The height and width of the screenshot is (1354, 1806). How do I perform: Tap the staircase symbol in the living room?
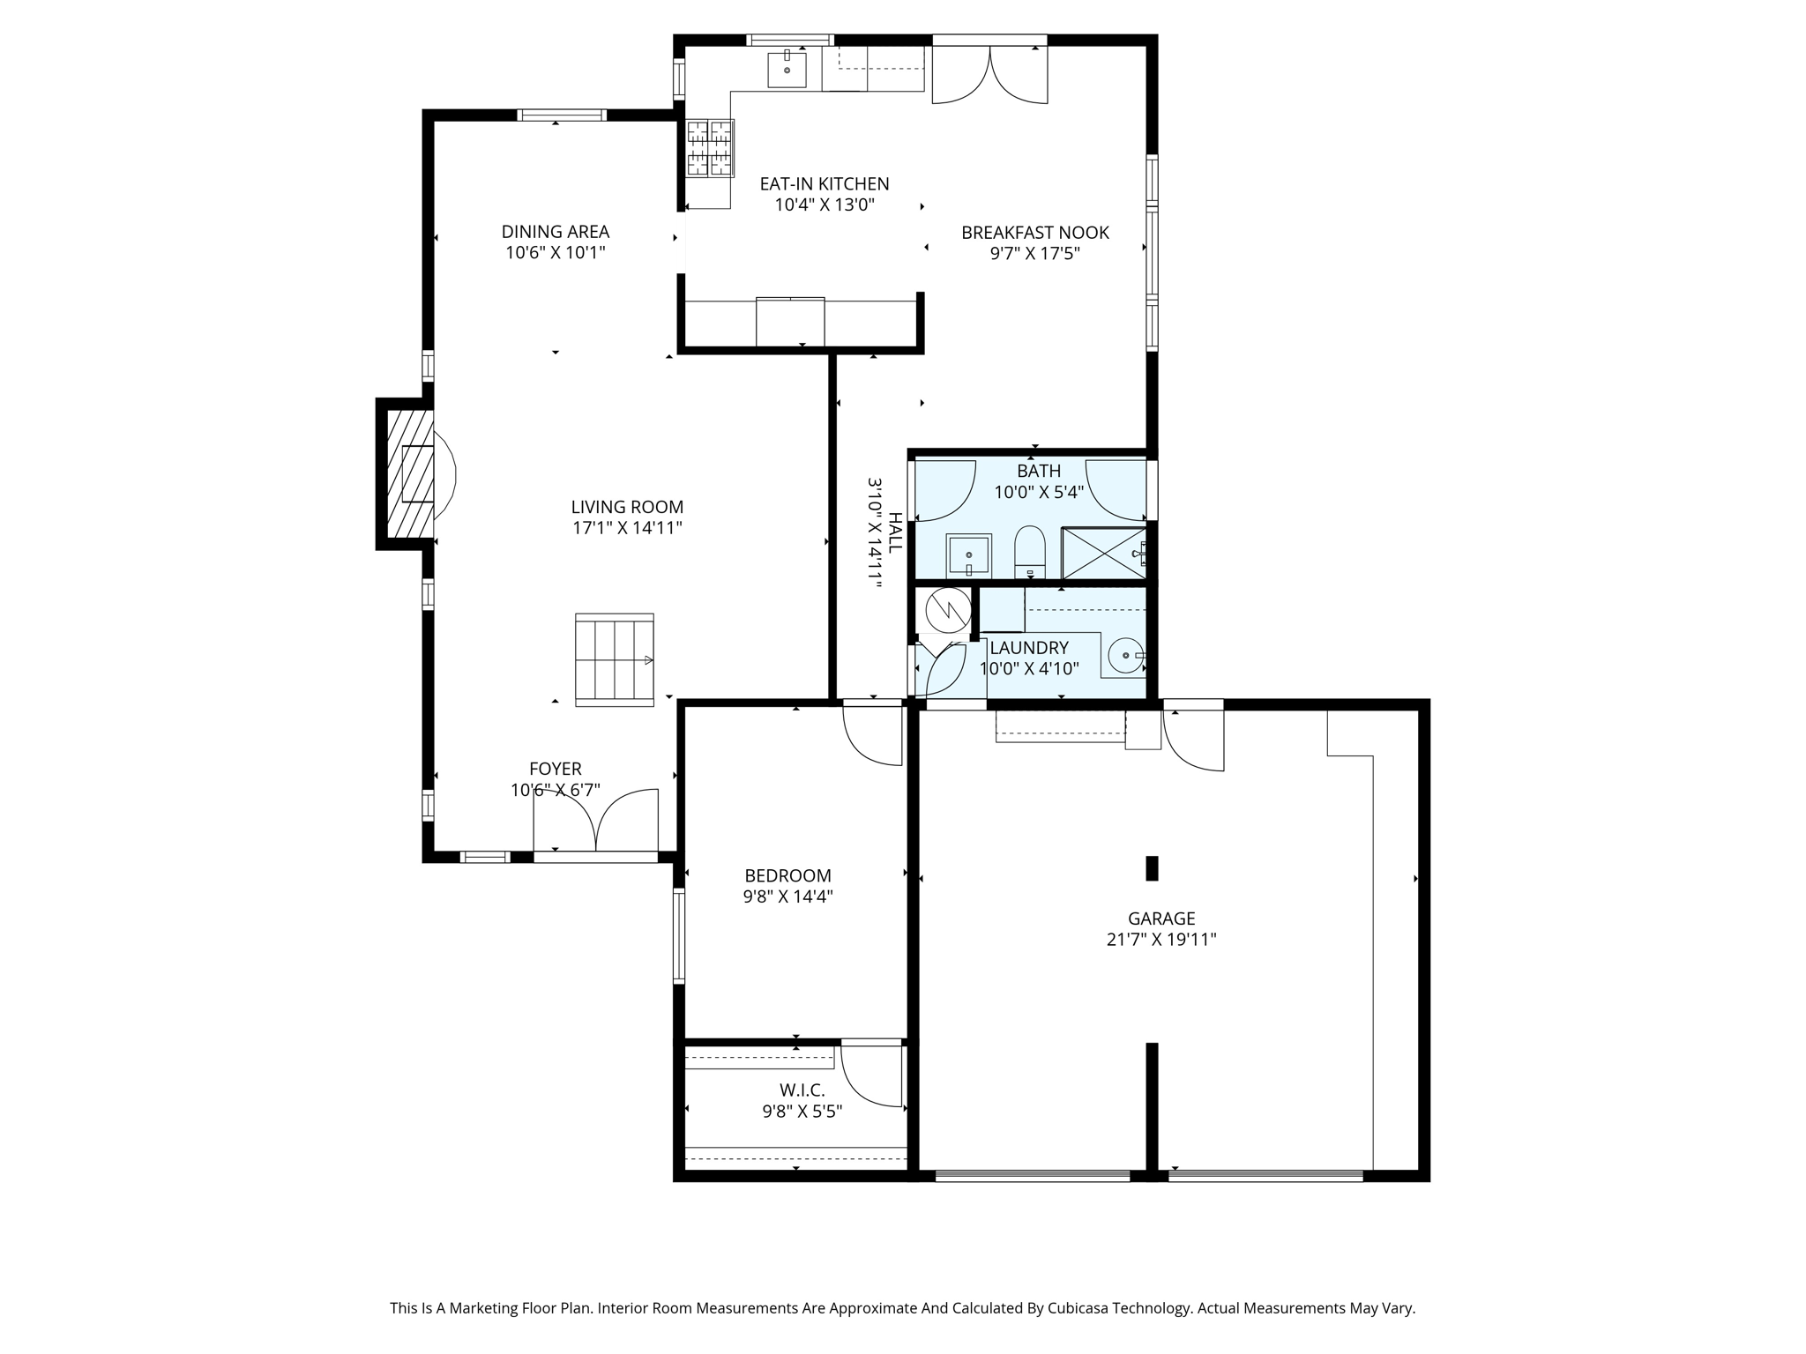[615, 659]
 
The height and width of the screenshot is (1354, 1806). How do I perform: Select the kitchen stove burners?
[710, 147]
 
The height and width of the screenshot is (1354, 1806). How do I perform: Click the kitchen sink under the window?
[787, 70]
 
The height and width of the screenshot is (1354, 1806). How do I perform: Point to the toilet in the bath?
[1029, 549]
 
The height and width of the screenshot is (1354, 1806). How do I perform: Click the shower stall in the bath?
[1103, 553]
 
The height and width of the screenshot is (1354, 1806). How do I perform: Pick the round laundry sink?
[1126, 655]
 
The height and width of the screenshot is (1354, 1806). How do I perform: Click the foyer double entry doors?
[596, 821]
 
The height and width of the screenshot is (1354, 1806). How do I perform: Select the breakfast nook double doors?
[989, 76]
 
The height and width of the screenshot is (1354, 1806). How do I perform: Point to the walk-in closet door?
[872, 1075]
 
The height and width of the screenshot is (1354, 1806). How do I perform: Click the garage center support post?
[1151, 868]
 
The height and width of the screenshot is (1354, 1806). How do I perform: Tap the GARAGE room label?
[1161, 919]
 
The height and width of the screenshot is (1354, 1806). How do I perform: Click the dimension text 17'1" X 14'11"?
[627, 528]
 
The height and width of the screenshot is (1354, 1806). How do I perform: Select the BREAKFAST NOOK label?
[1034, 233]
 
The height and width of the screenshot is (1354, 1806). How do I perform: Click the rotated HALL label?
[895, 532]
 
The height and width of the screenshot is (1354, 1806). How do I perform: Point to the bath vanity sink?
[968, 554]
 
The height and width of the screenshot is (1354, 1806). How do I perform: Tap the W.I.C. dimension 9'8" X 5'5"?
[802, 1112]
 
